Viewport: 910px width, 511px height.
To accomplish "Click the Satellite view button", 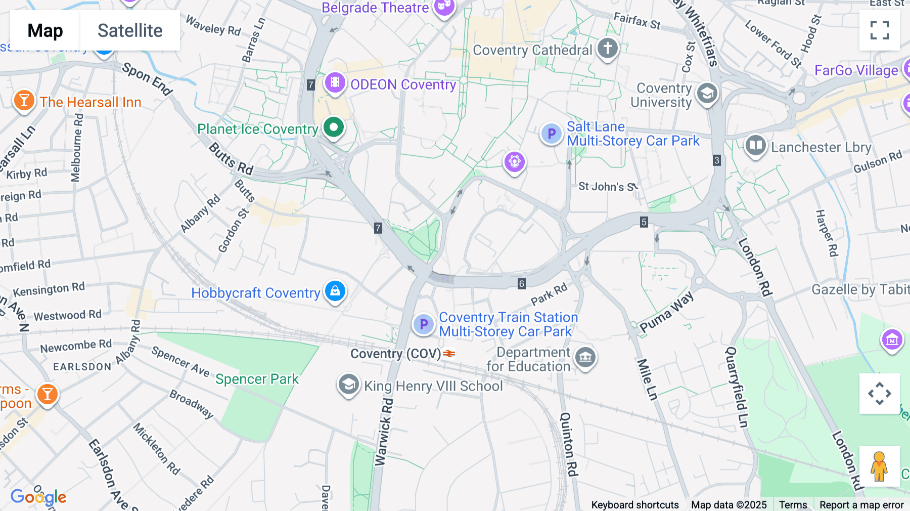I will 130,30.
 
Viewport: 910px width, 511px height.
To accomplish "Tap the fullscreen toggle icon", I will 879,30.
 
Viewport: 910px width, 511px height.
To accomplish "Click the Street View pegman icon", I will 879,466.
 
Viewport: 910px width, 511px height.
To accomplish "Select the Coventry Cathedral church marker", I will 608,49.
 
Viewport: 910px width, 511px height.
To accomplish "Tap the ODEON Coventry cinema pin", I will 335,82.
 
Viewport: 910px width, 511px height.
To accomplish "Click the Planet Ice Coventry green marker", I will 334,127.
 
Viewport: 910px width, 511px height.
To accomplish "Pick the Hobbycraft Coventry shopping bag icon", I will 335,291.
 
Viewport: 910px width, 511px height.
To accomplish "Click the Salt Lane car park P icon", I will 551,134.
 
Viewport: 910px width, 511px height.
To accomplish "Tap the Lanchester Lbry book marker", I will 755,146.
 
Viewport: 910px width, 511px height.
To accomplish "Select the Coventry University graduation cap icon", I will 707,94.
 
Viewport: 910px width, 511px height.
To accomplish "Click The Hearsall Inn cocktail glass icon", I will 24,101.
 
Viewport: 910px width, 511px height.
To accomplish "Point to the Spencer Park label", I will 257,379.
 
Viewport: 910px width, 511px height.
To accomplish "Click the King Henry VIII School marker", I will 348,385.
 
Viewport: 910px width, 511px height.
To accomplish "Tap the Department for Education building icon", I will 585,357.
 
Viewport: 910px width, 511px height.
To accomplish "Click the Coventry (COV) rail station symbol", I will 449,354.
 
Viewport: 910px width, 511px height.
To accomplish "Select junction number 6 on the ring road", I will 521,283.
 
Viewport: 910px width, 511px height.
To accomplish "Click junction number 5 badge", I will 644,222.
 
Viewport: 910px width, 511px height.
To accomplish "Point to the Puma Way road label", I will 667,312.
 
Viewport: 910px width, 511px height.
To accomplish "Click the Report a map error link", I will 861,504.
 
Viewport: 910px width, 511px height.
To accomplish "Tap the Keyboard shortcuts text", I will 635,504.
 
